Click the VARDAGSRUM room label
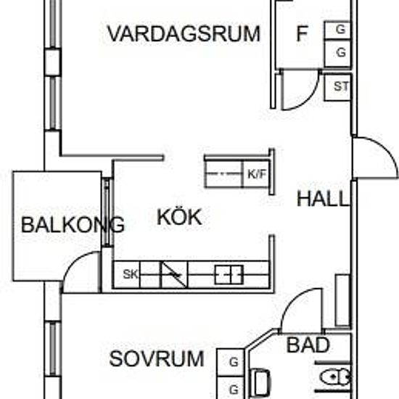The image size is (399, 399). coord(184,33)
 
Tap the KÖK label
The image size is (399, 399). coord(179,216)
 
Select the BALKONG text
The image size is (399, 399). coord(73,225)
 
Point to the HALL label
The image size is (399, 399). coord(322,199)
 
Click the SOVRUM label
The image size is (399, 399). coord(157,358)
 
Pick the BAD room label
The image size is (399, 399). coord(308,345)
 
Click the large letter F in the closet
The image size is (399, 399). coord(303,33)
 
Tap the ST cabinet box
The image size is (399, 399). coord(337,87)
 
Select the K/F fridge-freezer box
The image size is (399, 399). coord(256,174)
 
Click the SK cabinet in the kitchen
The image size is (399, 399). coord(126,274)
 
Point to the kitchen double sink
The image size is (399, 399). coord(229,274)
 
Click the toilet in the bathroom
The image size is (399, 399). coord(335,377)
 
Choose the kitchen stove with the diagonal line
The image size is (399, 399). coord(174,274)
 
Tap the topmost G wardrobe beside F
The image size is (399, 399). coord(337,30)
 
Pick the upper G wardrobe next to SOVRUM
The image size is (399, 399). coord(231,362)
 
